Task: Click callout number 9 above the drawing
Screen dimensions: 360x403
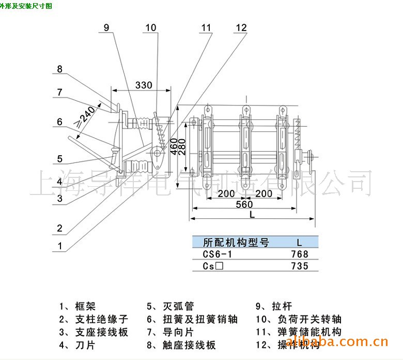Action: [106, 28]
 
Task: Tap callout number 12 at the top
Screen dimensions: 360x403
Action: [241, 28]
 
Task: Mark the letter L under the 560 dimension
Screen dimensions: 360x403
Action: [251, 214]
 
